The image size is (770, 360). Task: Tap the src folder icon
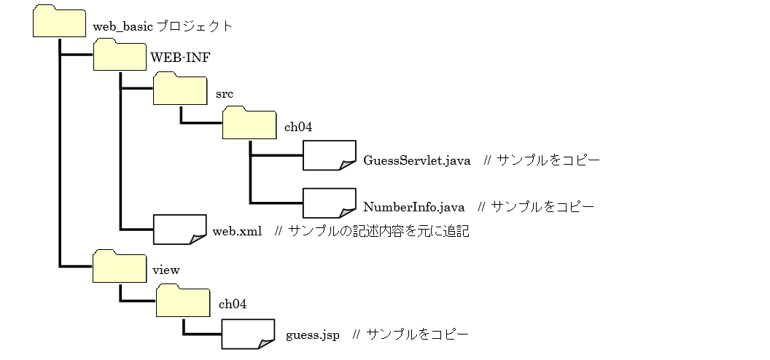(180, 90)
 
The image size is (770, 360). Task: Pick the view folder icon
(120, 266)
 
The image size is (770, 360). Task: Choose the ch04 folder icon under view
(183, 300)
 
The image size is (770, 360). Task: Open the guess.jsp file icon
(248, 333)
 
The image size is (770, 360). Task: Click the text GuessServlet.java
(417, 160)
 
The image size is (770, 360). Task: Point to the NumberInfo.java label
(414, 207)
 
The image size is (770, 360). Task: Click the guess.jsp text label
(311, 334)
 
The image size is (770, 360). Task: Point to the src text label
(224, 95)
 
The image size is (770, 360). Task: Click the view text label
(166, 270)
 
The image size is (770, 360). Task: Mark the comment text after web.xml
(371, 232)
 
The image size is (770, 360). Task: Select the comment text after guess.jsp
(410, 334)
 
